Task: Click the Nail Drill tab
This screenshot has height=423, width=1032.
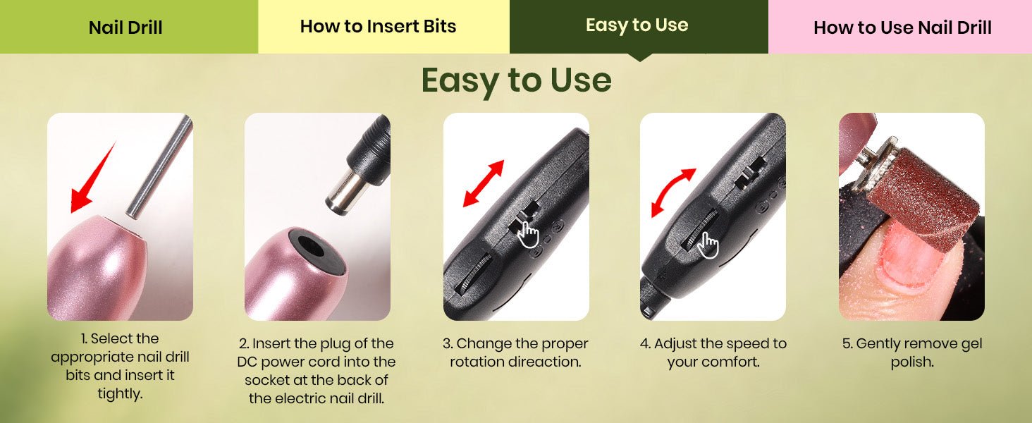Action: pos(128,27)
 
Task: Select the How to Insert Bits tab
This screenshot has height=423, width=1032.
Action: pos(383,27)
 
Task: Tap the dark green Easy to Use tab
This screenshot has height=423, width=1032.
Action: pos(639,27)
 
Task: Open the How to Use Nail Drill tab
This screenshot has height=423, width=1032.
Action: pos(899,27)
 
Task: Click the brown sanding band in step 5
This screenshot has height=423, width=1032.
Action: pos(919,198)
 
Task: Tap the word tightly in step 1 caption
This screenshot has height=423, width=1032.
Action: pos(120,394)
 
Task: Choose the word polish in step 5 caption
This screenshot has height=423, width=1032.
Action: pos(911,362)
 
